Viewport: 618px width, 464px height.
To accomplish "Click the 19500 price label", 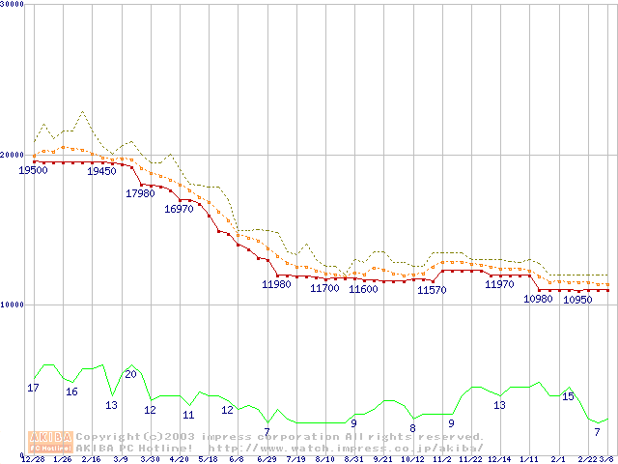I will tap(33, 170).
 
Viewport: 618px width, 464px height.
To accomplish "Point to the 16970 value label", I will tap(179, 209).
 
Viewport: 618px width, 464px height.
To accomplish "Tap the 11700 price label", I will tap(324, 288).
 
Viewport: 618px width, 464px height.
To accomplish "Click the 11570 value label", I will tap(431, 290).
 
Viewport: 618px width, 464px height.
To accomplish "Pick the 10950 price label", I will tap(576, 300).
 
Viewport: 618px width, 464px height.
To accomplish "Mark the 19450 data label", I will tap(101, 171).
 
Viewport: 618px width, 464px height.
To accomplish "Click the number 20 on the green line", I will tap(130, 374).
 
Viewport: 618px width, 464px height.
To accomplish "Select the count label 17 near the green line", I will tap(33, 388).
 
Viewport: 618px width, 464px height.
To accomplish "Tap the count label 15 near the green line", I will tap(568, 396).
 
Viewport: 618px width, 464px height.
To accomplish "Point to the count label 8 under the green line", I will tap(412, 428).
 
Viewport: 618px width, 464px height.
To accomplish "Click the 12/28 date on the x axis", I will tap(33, 459).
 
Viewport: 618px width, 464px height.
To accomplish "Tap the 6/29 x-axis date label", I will tap(267, 459).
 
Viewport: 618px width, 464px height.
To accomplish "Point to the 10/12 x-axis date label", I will tap(412, 459).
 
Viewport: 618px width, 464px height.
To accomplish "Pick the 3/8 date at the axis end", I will tap(607, 459).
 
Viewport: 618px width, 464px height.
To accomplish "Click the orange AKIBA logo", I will tap(50, 441).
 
